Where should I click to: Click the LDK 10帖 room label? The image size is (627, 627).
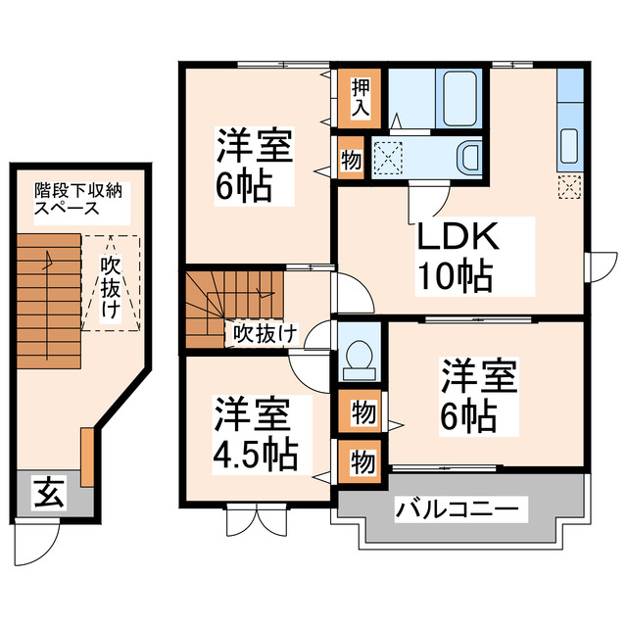click(x=458, y=256)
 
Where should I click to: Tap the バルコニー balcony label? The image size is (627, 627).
click(x=460, y=509)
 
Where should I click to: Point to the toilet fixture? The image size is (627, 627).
click(x=360, y=359)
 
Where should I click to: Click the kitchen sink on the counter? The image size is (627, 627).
click(x=569, y=147)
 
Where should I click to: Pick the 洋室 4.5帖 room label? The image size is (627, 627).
click(x=253, y=435)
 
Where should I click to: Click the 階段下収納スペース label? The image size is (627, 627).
click(x=70, y=200)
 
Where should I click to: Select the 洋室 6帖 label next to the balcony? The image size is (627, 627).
click(x=476, y=397)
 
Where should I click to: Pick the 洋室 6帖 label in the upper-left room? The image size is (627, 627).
click(x=252, y=169)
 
